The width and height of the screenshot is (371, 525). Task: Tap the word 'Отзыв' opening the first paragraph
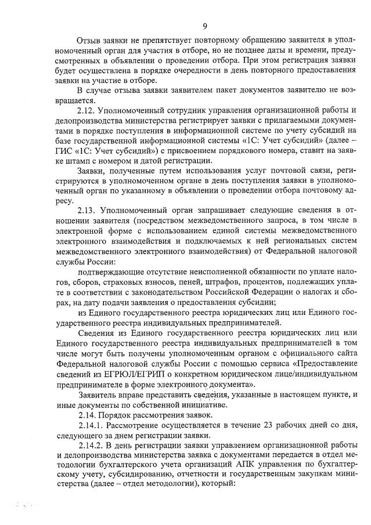(x=89, y=39)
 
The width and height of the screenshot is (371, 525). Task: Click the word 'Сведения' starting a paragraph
(x=95, y=334)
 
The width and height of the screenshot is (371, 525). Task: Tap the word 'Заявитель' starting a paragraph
(x=97, y=394)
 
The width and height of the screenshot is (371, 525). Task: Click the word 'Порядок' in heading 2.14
(x=115, y=415)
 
